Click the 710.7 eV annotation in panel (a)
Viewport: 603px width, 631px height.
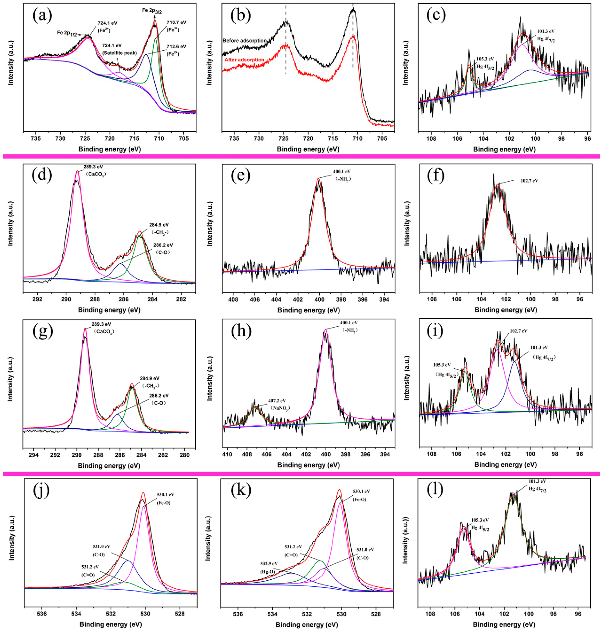[x=177, y=23]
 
